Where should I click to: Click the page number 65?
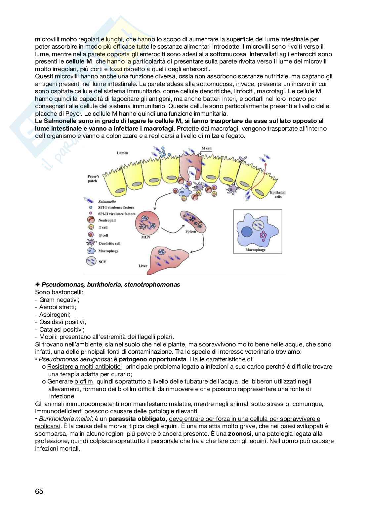(39, 491)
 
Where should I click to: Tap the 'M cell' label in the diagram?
(206, 148)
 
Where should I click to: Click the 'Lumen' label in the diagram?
(122, 153)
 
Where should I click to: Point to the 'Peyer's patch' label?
(93, 179)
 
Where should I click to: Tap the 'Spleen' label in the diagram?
(191, 231)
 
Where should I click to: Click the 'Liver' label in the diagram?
(143, 265)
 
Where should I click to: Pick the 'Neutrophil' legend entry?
(107, 220)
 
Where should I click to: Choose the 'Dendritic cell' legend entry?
(109, 243)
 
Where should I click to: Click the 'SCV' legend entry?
(103, 261)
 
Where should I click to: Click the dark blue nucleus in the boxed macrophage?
(247, 232)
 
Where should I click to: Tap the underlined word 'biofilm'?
(84, 381)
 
